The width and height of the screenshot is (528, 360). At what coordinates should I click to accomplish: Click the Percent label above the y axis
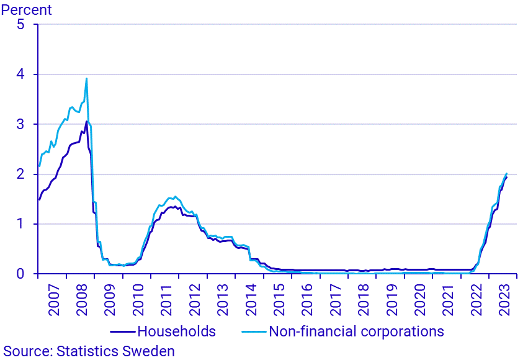27,10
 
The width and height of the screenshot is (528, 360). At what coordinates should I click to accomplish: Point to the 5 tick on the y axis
20,25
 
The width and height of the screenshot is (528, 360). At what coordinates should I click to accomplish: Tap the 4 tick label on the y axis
20,74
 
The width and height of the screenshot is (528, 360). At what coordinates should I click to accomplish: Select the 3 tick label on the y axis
20,124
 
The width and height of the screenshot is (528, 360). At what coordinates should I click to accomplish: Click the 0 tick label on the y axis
20,274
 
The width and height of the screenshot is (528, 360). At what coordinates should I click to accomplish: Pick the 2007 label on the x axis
53,298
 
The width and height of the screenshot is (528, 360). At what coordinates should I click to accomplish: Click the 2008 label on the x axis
82,298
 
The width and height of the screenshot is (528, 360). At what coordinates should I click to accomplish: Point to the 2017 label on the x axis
336,298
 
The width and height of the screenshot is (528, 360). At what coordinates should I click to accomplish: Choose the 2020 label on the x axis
420,298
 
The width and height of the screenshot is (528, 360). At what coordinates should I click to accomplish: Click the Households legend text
177,331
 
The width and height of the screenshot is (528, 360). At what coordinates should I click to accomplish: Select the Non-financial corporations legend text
356,331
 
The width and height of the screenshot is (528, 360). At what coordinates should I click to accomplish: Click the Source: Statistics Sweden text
89,351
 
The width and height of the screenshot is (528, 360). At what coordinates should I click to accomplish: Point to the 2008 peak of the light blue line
86,78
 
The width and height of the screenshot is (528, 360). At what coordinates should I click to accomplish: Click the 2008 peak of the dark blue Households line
86,122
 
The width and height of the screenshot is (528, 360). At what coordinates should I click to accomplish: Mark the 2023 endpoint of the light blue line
507,173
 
